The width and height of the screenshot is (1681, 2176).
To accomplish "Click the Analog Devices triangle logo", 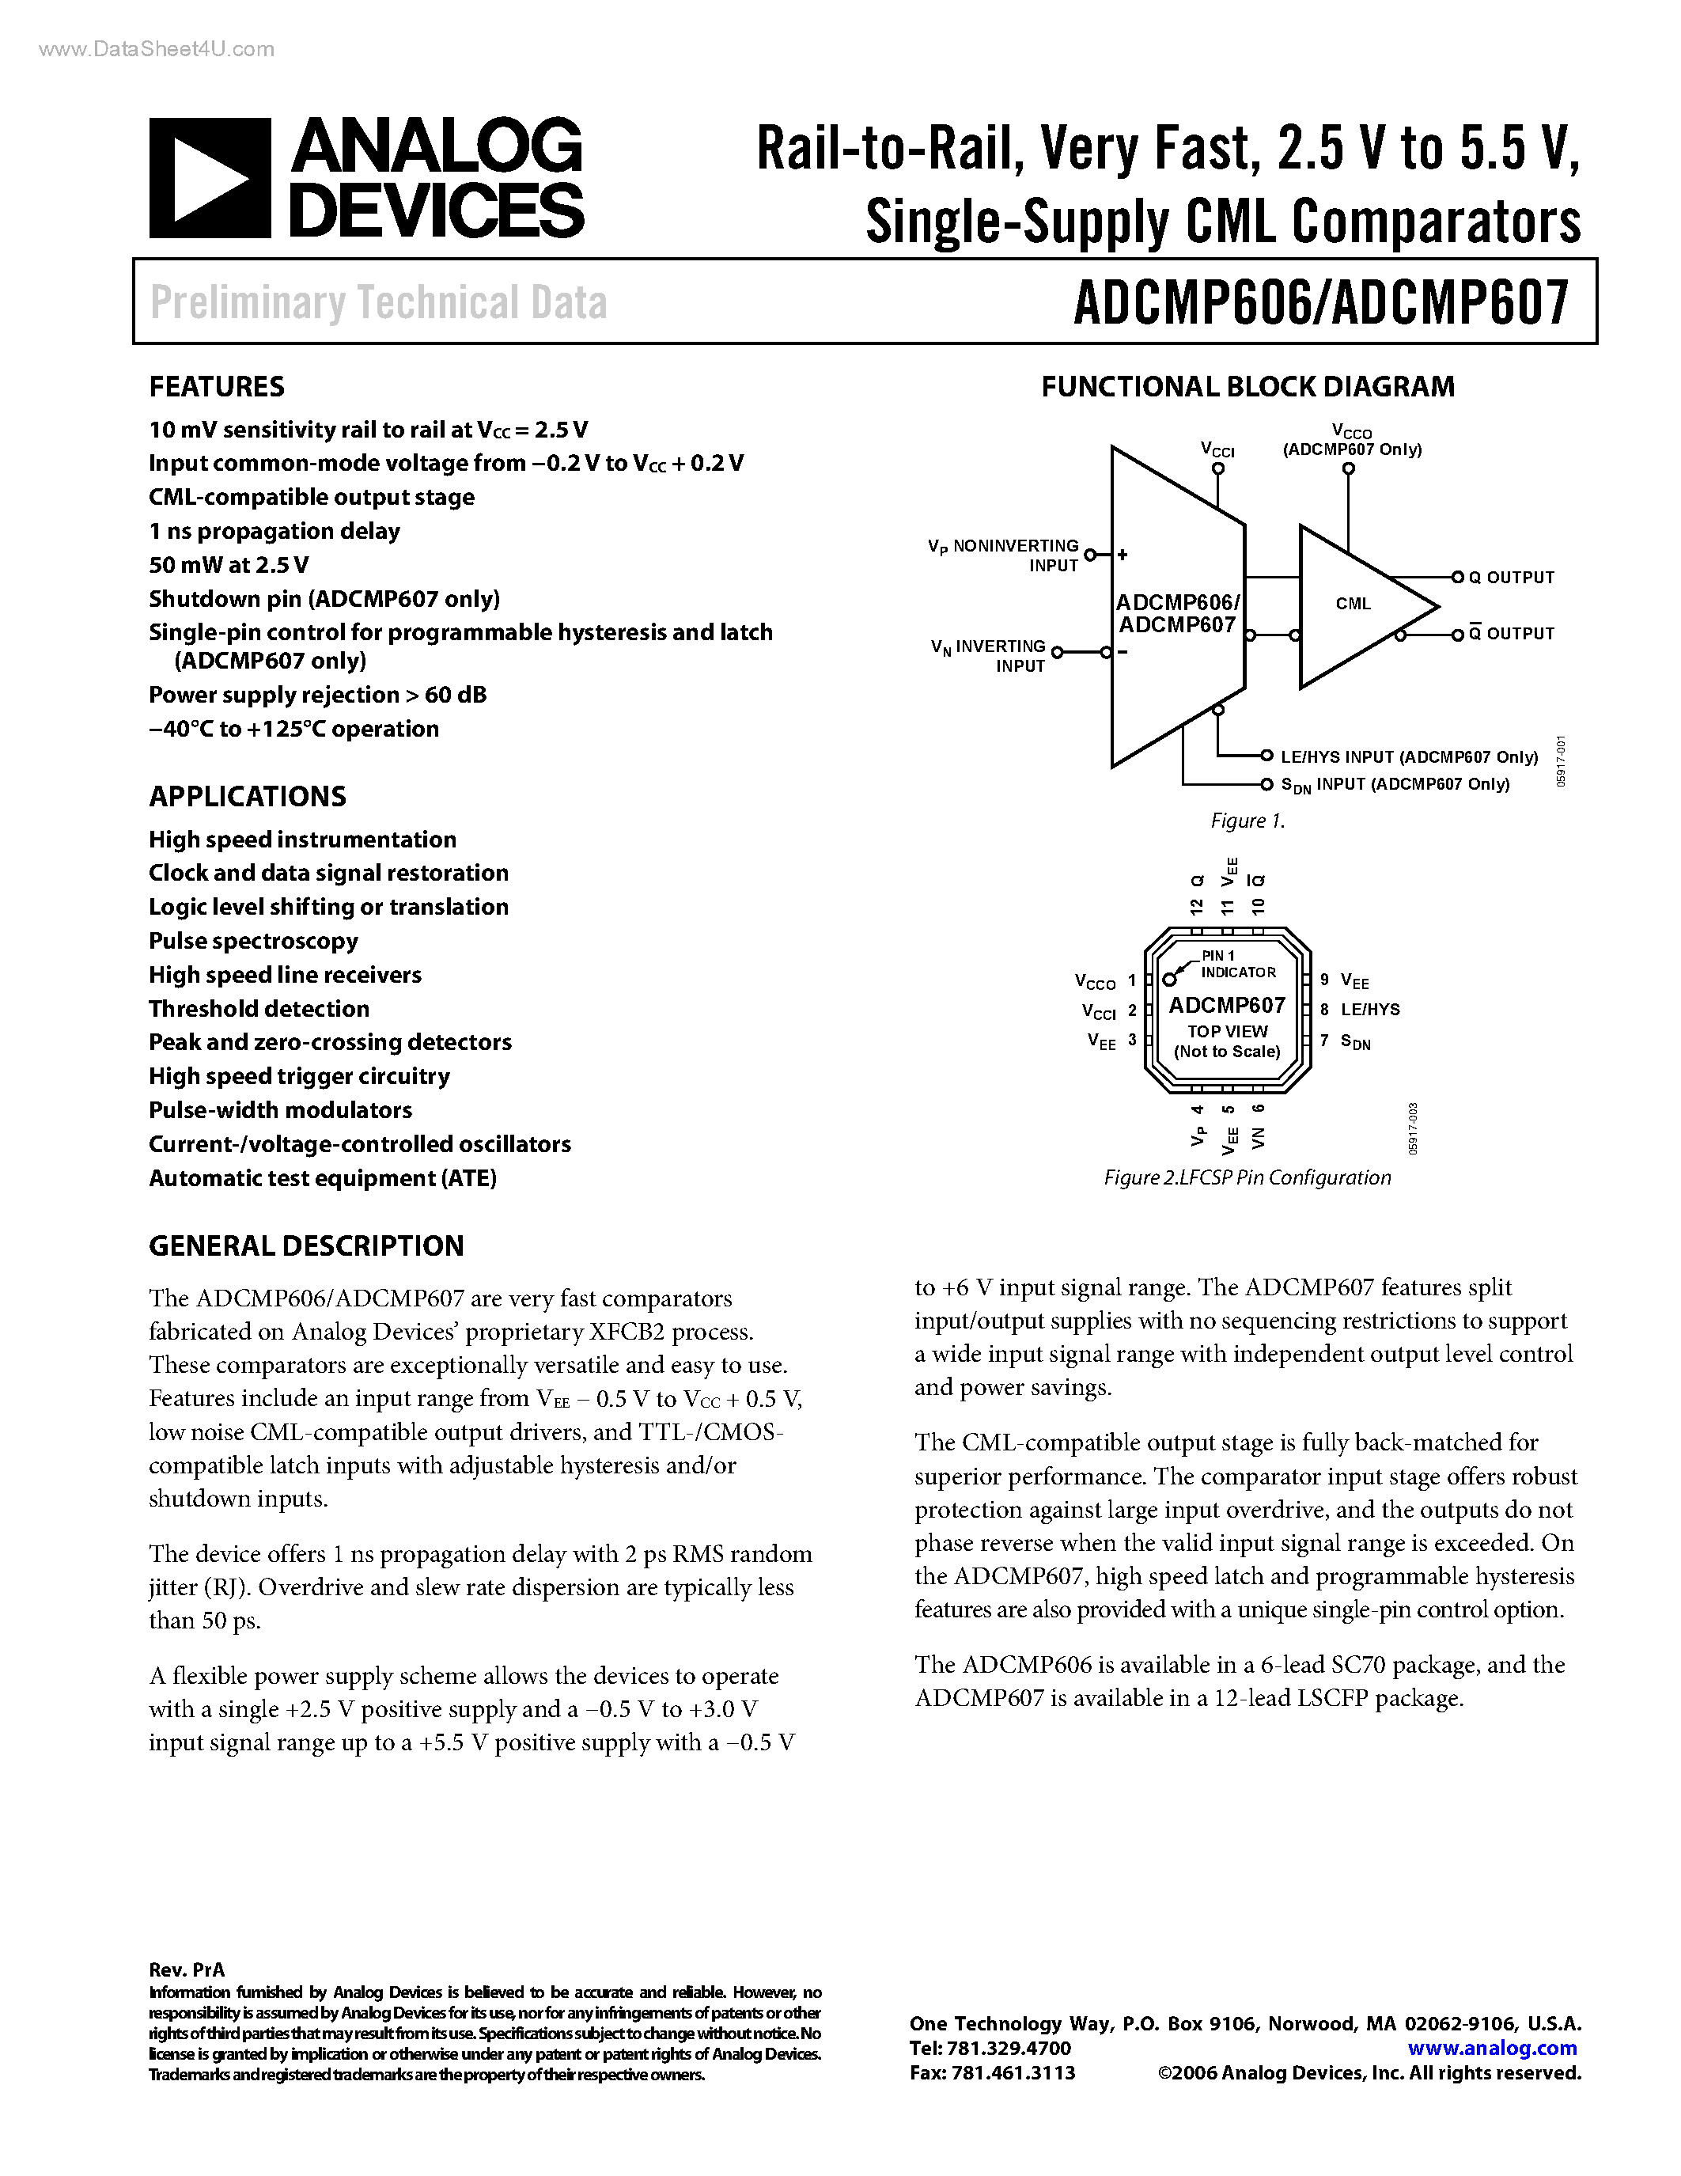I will pos(209,178).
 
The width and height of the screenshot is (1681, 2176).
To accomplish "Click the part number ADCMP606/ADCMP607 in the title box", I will pos(1320,303).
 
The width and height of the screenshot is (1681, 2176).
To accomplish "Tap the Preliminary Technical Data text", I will pos(378,303).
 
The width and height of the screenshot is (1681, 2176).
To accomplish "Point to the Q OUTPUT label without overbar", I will pos(1509,578).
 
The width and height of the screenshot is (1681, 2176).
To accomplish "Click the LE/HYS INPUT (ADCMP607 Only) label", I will pos(1408,757).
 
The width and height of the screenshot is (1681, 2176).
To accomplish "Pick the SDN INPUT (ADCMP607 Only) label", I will pos(1394,785).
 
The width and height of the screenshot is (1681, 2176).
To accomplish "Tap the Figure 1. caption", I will pos(1247,821).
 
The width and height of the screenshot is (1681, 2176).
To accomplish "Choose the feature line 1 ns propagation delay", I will pos(274,531).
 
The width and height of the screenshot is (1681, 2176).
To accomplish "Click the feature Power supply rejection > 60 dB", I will pos(318,696).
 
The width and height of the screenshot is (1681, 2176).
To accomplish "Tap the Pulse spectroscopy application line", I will pos(253,942).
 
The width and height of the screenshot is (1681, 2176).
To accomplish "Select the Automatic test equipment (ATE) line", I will pos(322,1179).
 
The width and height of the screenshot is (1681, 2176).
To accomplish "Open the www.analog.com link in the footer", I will pos(1492,2049).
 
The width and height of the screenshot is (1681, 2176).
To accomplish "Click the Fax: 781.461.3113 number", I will pos(992,2073).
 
